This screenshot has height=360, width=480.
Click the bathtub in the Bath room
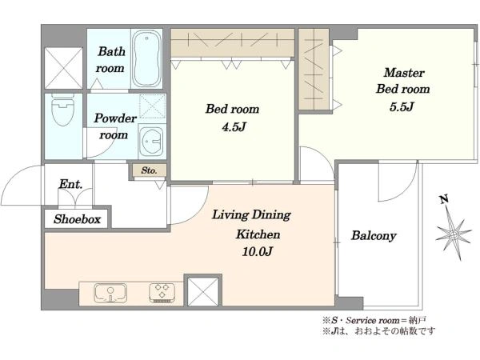pos(147,58)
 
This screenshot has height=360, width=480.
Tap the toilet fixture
pos(63,110)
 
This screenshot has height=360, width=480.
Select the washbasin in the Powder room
pos(151,141)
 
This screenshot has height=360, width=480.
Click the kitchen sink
pos(110,293)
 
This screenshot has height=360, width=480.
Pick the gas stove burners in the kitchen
pos(162,292)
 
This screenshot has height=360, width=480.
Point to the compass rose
pos(454,234)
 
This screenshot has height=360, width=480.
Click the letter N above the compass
pos(444,199)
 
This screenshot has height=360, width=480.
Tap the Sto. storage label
pos(149,170)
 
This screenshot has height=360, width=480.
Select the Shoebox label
pos(77,219)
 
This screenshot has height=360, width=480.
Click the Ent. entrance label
pos(70,184)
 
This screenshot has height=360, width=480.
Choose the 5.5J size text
pos(402,107)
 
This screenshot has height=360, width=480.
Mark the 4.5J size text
pos(234,126)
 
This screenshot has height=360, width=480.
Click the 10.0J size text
pos(257,252)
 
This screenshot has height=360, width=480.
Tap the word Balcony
pos(374,236)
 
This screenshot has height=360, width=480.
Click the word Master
pos(404,73)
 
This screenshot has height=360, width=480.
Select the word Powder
pos(115,118)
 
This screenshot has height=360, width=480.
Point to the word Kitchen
pos(258,234)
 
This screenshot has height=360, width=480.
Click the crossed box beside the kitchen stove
pos(202,291)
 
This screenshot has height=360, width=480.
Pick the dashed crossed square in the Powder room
pos(152,106)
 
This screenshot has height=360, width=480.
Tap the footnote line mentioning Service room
pos(374,321)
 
